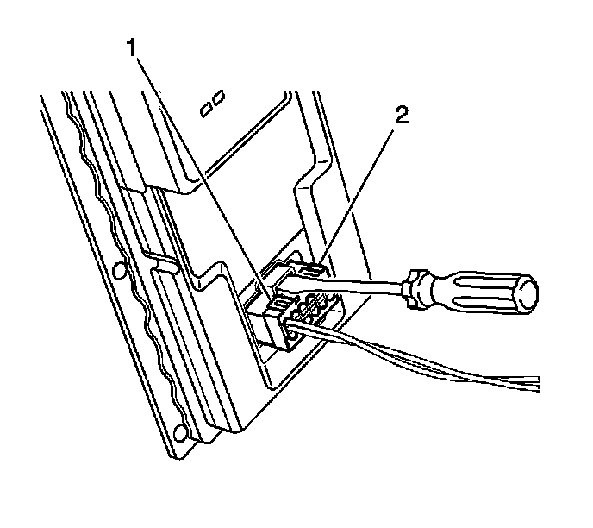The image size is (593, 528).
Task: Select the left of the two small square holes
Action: (x=206, y=110)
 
